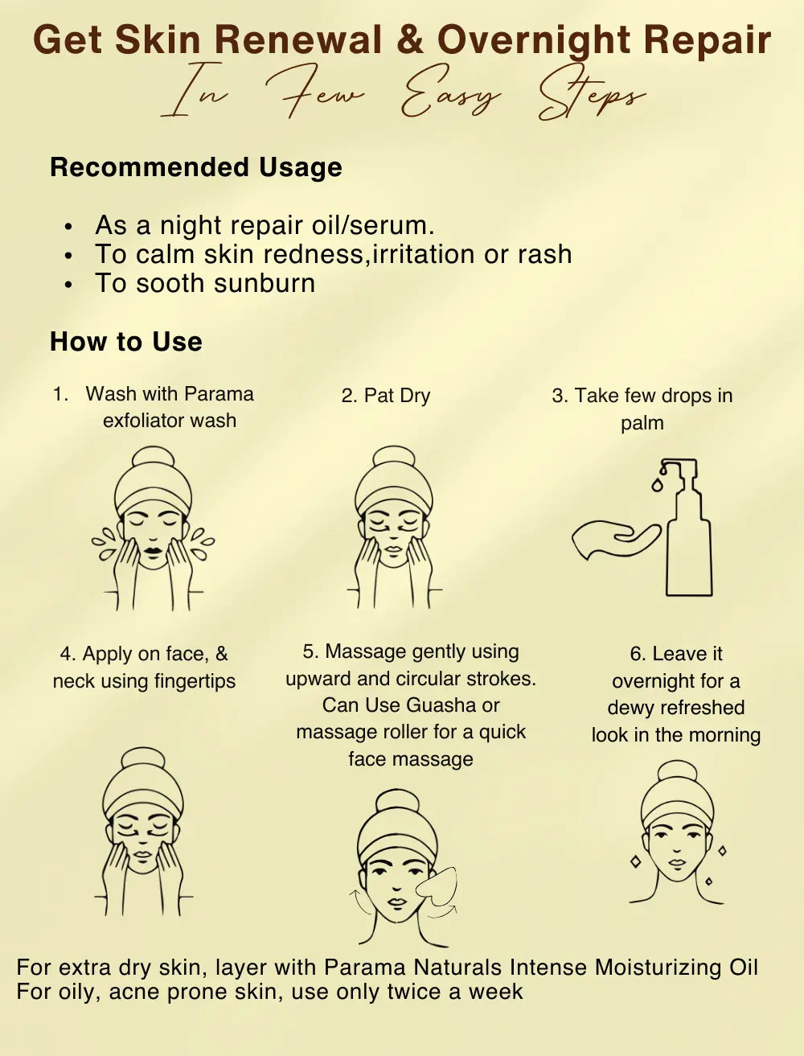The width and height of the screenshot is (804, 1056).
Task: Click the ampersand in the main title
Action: click(410, 40)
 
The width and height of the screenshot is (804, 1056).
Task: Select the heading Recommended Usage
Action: click(196, 167)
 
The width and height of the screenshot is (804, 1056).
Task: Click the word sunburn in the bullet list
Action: click(265, 282)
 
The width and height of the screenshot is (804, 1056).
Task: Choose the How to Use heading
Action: click(126, 342)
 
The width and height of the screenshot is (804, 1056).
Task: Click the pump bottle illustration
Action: click(686, 528)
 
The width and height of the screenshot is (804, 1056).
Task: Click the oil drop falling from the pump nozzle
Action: click(656, 484)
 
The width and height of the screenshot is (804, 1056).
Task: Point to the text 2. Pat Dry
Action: click(386, 396)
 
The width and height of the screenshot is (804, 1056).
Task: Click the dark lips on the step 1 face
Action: click(152, 552)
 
